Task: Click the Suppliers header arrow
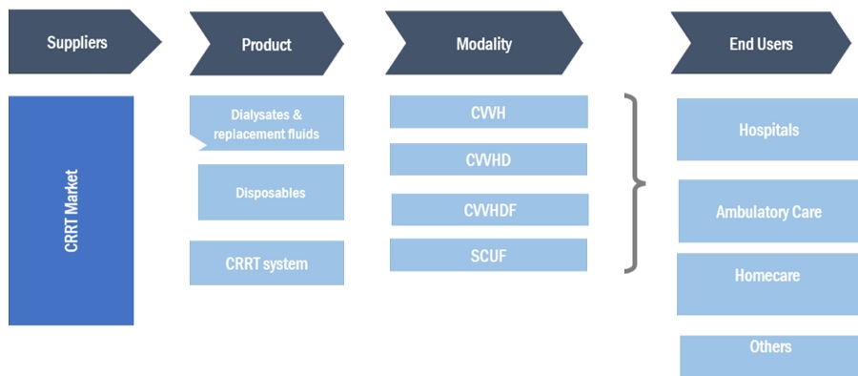click(82, 42)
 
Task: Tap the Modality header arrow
click(484, 43)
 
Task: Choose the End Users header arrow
click(761, 43)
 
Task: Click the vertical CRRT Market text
click(71, 211)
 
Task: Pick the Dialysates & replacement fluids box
click(267, 123)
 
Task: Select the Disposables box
click(271, 193)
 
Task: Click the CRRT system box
click(267, 263)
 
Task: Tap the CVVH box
click(489, 112)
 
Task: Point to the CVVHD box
click(489, 159)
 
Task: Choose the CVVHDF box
click(490, 209)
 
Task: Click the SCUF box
click(489, 255)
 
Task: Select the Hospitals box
click(767, 130)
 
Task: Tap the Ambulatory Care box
click(768, 211)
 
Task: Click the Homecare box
click(767, 284)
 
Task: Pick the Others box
click(769, 356)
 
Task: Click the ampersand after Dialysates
click(296, 115)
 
